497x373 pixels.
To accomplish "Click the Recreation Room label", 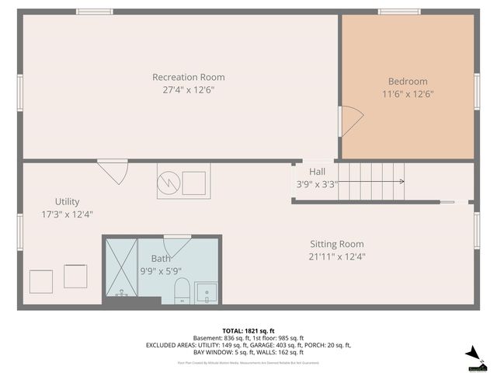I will (x=188, y=77).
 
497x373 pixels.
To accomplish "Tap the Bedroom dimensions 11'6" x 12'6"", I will (x=408, y=94).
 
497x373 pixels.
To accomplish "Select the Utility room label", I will (x=67, y=201).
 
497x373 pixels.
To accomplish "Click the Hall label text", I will (x=317, y=172).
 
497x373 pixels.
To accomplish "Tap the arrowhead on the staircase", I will (x=401, y=182).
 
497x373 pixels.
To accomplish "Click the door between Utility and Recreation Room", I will (x=113, y=171).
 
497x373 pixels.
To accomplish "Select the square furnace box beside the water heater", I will (x=194, y=182).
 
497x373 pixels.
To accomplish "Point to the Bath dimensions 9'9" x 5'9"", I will (x=162, y=270).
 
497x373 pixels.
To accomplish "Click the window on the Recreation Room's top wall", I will (x=94, y=12).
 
